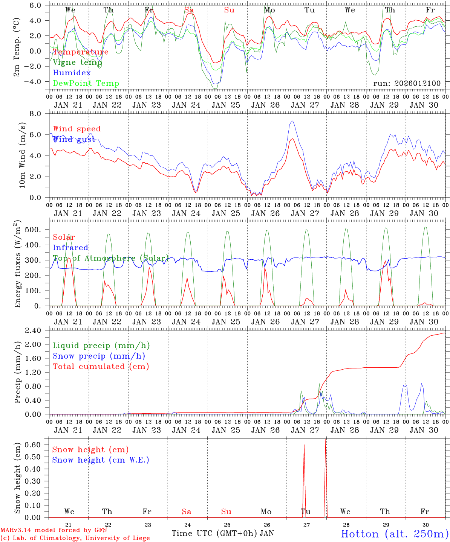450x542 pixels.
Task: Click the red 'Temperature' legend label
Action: tap(81, 52)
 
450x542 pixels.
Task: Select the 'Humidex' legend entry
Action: tap(72, 73)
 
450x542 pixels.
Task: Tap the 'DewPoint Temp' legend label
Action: tap(86, 84)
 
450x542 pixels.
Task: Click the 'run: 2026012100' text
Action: tap(407, 83)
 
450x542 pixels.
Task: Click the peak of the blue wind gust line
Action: tap(292, 121)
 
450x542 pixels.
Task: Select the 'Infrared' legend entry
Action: tap(70, 248)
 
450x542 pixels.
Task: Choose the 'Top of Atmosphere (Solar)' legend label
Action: tap(111, 258)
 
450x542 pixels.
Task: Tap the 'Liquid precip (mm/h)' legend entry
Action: tap(101, 346)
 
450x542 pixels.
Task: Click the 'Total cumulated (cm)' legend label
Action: tap(101, 367)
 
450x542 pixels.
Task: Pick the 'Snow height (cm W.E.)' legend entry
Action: tap(101, 460)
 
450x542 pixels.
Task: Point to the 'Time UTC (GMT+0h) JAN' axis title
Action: tap(223, 533)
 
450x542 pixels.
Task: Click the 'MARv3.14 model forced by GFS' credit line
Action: tap(54, 530)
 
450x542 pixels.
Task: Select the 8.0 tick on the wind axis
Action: tap(39, 114)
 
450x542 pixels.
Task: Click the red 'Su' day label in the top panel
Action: tap(229, 10)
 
